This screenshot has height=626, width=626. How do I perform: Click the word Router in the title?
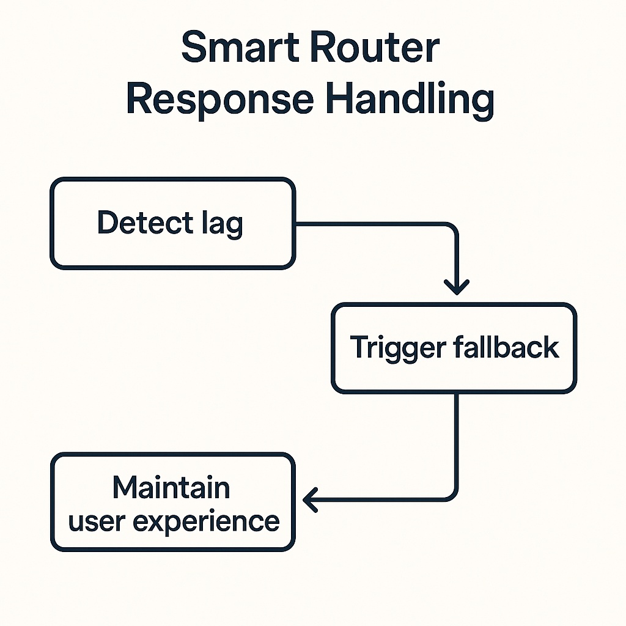click(x=379, y=48)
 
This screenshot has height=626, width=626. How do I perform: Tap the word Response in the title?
click(x=219, y=100)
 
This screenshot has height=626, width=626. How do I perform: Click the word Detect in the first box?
click(x=139, y=223)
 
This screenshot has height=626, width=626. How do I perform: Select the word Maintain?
click(x=171, y=487)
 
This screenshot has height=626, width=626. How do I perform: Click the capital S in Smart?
click(x=194, y=48)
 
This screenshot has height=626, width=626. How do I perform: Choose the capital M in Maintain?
click(x=125, y=487)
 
